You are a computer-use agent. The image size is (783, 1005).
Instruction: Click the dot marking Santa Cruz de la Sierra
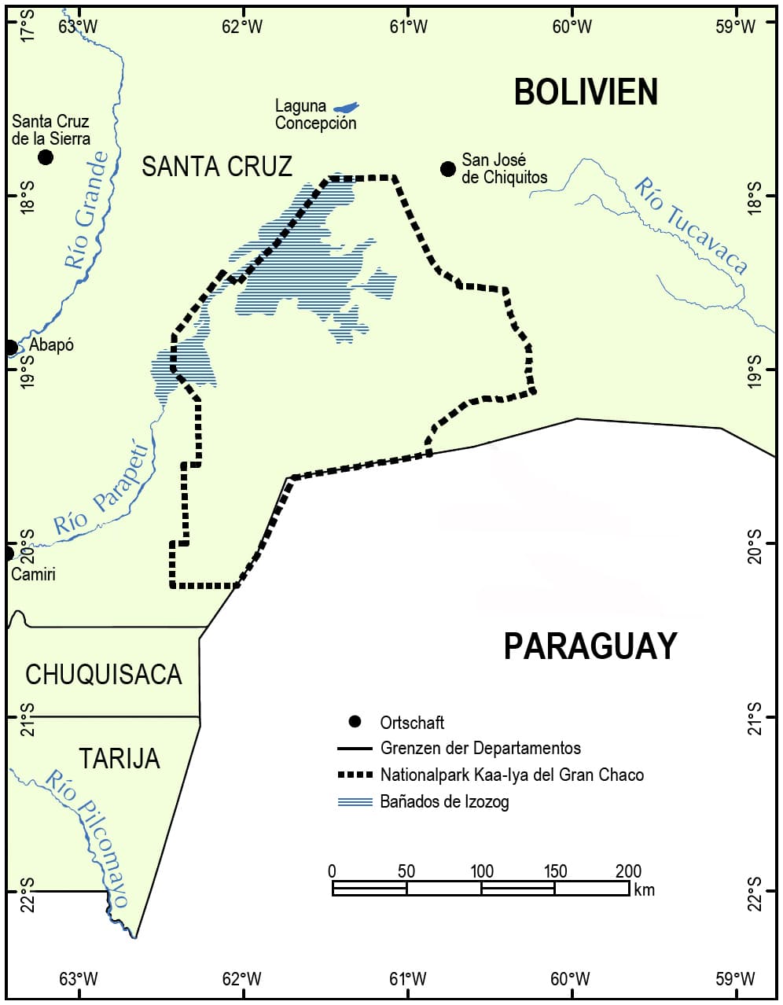click(x=46, y=157)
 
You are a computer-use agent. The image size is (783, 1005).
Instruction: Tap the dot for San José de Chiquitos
click(x=448, y=169)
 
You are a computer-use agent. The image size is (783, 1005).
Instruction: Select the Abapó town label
click(x=51, y=345)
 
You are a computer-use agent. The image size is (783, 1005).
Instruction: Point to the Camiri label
click(x=33, y=574)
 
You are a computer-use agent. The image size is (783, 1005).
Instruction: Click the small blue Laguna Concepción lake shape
click(x=346, y=107)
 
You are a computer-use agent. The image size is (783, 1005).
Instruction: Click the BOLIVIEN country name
click(x=586, y=92)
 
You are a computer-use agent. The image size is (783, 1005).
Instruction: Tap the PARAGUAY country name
click(x=590, y=646)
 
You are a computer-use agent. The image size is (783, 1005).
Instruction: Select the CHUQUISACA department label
click(x=103, y=675)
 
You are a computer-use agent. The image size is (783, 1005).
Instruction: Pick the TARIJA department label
click(x=119, y=758)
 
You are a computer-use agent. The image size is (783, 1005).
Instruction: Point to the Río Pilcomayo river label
click(x=88, y=837)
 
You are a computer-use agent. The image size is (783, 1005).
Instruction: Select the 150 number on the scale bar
click(x=555, y=871)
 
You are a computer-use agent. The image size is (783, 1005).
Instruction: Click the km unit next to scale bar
click(x=644, y=889)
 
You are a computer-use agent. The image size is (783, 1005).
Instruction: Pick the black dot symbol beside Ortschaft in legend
click(x=355, y=722)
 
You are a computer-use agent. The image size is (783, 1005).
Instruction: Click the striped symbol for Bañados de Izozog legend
click(x=355, y=802)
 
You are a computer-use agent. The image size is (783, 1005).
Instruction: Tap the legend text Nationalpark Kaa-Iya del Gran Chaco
click(x=512, y=775)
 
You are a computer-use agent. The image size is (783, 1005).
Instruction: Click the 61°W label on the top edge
click(x=408, y=27)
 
